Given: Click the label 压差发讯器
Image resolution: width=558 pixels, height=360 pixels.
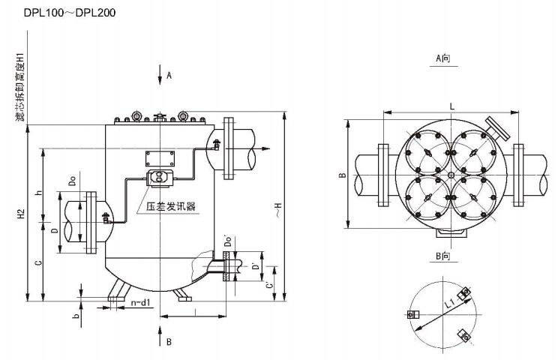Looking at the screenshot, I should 171,203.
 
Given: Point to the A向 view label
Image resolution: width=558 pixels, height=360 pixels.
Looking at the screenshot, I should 447,58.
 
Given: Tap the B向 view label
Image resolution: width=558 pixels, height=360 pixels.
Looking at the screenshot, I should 447,257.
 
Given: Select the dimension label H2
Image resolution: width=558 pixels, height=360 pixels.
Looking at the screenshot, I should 23,217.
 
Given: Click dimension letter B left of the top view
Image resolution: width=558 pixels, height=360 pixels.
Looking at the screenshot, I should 342,175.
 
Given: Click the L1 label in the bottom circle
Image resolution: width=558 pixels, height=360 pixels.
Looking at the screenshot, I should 449,304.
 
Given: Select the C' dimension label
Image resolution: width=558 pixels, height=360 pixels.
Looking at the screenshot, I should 269,284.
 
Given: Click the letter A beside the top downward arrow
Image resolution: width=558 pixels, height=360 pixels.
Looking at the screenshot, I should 169,75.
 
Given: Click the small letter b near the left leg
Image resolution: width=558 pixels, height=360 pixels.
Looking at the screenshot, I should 76,316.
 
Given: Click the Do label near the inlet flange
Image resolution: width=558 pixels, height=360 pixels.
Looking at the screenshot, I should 72,182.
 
